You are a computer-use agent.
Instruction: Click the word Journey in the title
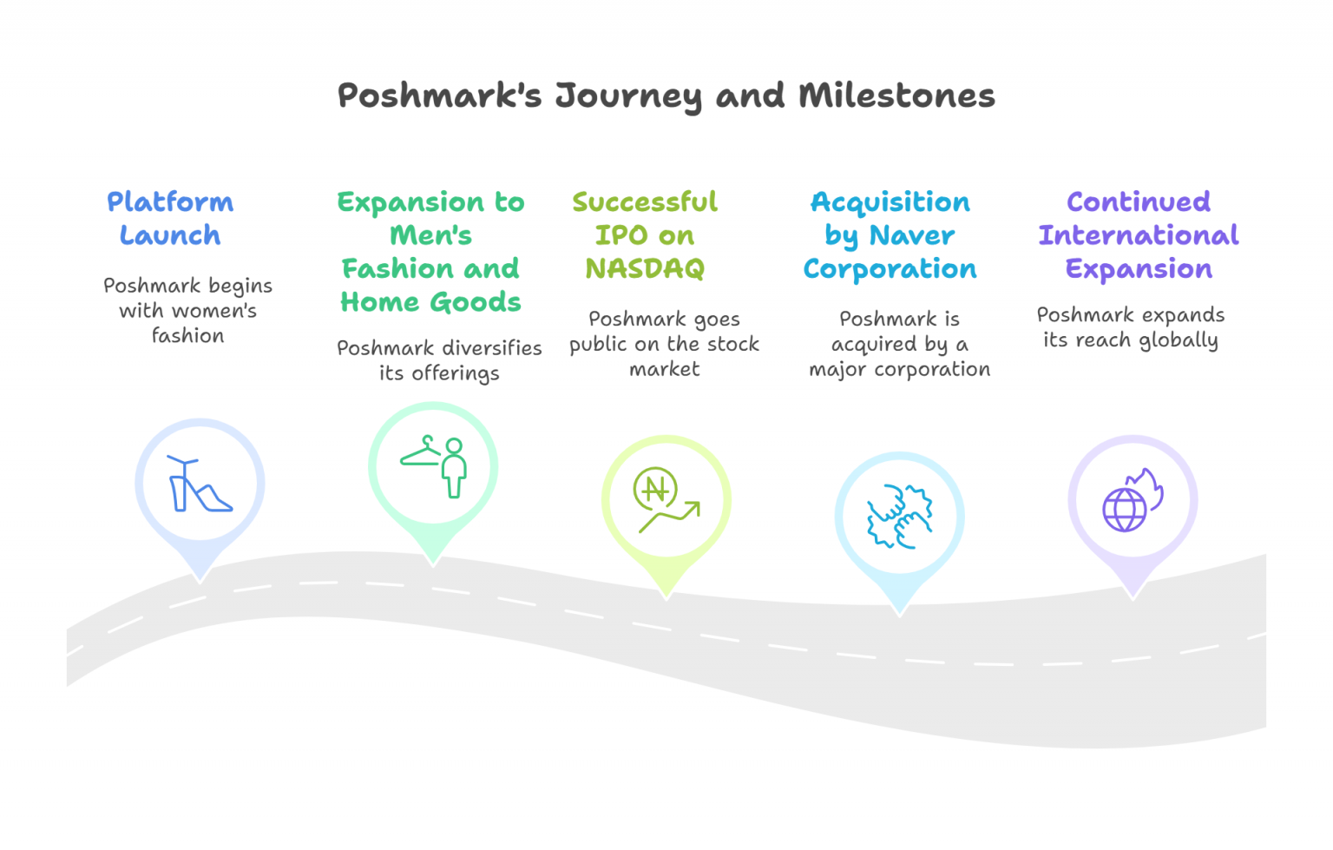click(x=627, y=96)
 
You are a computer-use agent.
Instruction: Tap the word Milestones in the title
click(x=896, y=96)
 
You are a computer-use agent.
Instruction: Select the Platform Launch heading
click(x=170, y=218)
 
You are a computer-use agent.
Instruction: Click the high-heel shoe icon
click(x=200, y=485)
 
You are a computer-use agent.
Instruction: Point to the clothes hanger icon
click(x=421, y=452)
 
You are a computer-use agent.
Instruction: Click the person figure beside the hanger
click(x=454, y=468)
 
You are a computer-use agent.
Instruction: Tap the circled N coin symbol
click(x=655, y=489)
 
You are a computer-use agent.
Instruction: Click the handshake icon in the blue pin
click(x=899, y=517)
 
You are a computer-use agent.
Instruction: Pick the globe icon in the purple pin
click(x=1124, y=510)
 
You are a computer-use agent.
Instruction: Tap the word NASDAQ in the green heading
click(x=645, y=269)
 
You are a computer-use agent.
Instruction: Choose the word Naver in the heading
click(x=911, y=235)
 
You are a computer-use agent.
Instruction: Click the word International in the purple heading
click(x=1139, y=235)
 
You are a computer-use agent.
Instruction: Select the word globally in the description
click(x=1178, y=340)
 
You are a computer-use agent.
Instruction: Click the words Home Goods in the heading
click(x=430, y=302)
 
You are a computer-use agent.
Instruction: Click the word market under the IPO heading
click(x=664, y=369)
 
